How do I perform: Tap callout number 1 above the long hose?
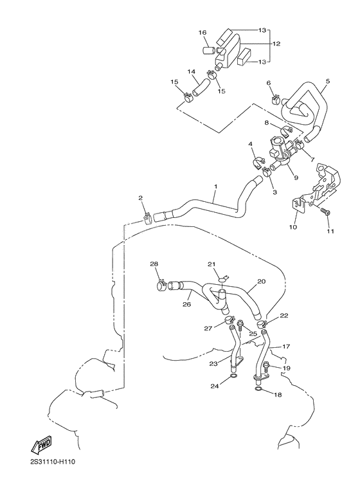point(215,186)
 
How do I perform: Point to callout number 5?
point(327,82)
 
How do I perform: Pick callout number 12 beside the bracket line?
point(276,44)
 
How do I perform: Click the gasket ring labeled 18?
point(258,389)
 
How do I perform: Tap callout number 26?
point(186,305)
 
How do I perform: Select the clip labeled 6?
point(276,99)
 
